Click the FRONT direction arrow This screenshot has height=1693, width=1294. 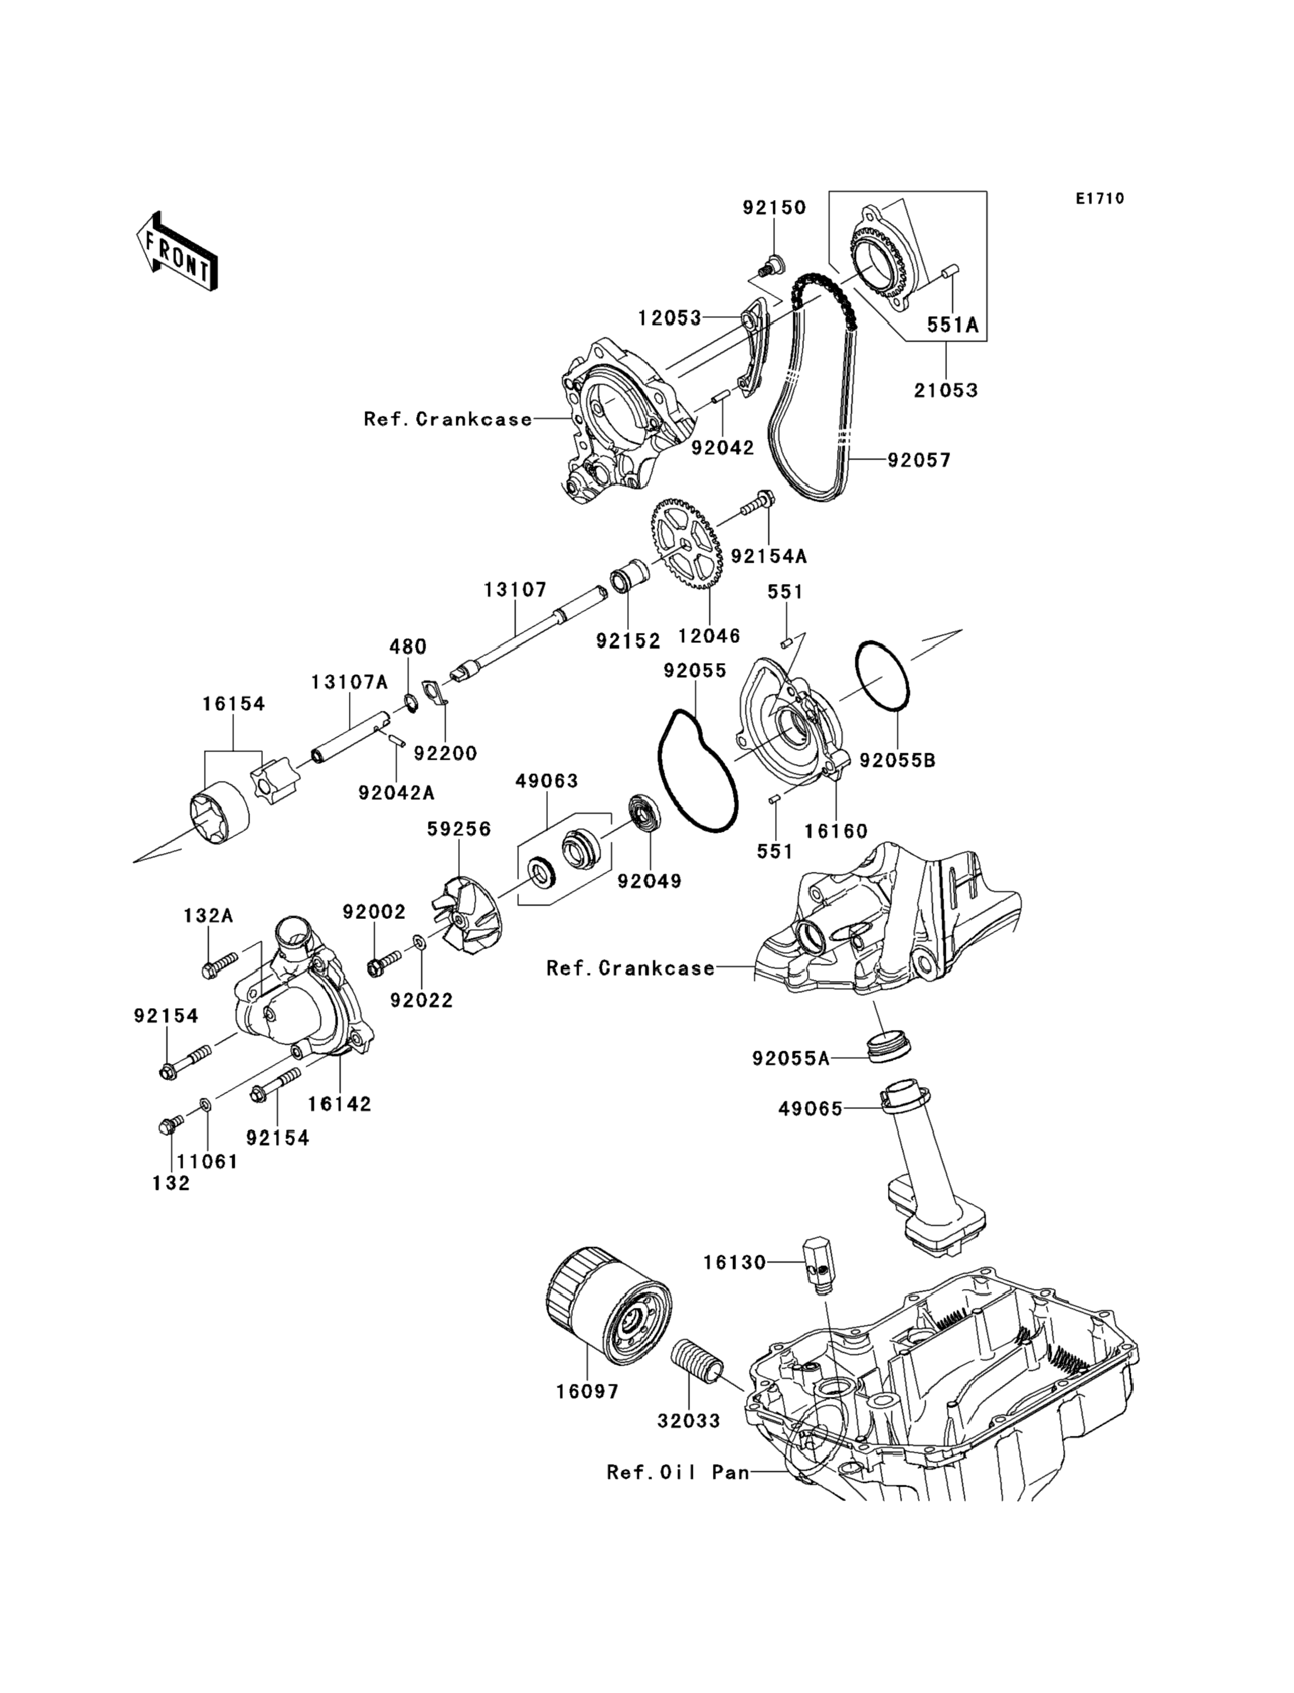[x=177, y=251]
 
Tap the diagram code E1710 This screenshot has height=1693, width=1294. [x=1100, y=199]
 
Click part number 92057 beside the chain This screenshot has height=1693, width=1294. [x=919, y=460]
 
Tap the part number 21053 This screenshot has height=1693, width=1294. [x=946, y=390]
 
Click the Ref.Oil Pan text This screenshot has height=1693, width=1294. [x=678, y=1473]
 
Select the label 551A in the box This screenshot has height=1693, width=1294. [x=952, y=325]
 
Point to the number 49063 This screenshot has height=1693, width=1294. [x=547, y=781]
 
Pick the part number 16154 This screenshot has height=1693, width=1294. [x=233, y=704]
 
